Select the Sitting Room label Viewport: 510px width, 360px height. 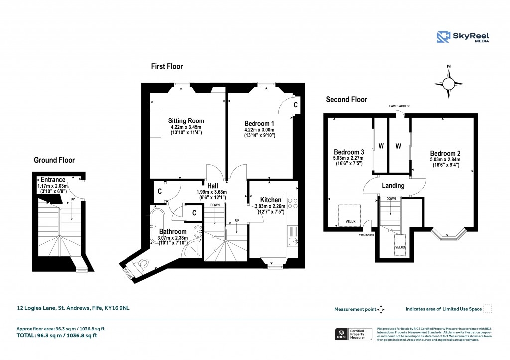click(186, 120)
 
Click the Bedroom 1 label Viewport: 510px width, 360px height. click(259, 123)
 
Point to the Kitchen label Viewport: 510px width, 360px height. click(270, 200)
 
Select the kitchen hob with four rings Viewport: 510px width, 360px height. click(292, 204)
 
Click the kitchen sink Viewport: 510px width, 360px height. click(293, 241)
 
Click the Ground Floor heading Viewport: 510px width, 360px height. click(54, 160)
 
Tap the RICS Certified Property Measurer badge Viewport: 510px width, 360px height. click(353, 334)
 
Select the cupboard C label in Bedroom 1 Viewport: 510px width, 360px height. click(295, 105)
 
